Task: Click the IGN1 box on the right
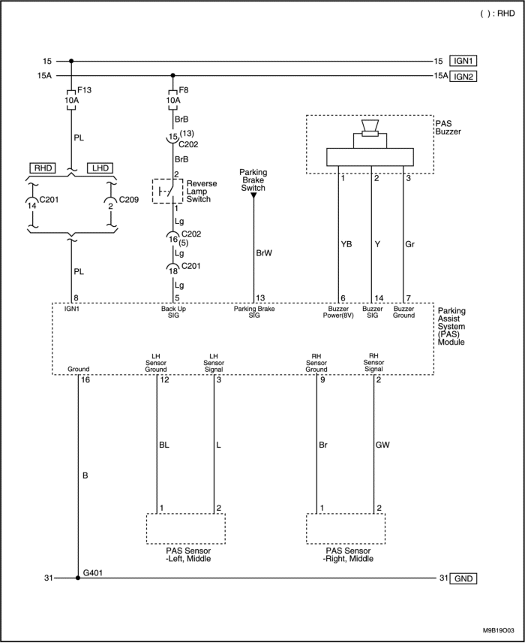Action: (x=463, y=61)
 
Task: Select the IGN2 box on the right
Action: (x=463, y=77)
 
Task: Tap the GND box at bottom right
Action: (x=463, y=578)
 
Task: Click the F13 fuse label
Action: (x=84, y=90)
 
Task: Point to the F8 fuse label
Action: (x=184, y=90)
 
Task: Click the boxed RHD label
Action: (x=43, y=168)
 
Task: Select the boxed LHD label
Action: (x=100, y=168)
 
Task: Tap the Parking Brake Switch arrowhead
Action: (x=253, y=195)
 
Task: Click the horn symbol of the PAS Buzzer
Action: (x=370, y=128)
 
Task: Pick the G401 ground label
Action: (x=92, y=572)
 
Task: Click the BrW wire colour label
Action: (x=264, y=253)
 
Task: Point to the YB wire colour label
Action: (x=346, y=244)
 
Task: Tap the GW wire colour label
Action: (x=382, y=445)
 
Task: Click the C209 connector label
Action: (x=128, y=200)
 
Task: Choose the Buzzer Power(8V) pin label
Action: (x=338, y=312)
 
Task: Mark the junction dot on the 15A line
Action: (x=172, y=75)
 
